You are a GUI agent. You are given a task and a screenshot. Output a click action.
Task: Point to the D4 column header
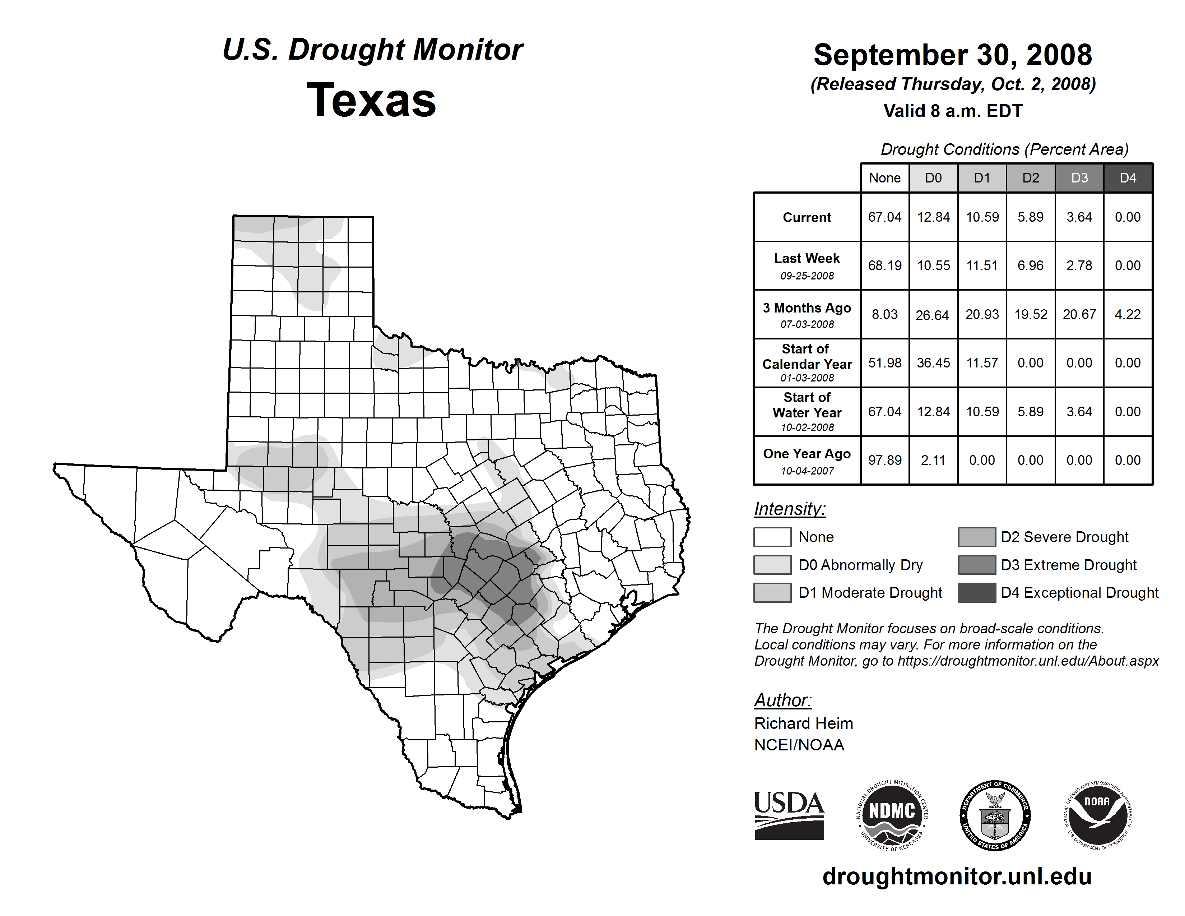[1128, 178]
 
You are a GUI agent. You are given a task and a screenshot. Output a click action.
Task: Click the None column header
[884, 178]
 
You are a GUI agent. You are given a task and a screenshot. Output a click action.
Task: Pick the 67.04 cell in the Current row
[884, 217]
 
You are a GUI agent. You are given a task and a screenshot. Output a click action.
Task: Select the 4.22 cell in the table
[1128, 314]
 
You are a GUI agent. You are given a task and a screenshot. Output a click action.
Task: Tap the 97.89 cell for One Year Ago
[884, 460]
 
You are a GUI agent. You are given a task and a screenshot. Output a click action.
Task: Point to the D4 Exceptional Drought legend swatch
[977, 593]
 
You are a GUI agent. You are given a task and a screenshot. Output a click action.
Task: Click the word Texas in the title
[371, 100]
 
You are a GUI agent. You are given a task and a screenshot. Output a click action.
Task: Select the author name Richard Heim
[803, 723]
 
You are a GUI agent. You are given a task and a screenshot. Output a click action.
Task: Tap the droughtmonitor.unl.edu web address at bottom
[957, 876]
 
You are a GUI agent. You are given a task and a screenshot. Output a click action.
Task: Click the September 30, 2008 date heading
[953, 55]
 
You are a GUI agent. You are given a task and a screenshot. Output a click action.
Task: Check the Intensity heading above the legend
[789, 509]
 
